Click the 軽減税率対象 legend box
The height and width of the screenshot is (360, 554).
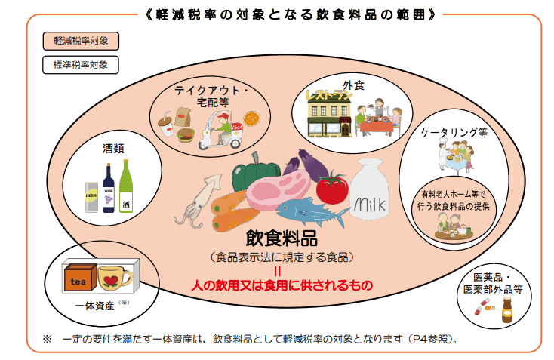81,41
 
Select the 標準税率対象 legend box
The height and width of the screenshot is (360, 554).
81,65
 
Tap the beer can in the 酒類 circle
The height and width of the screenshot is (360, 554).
91,197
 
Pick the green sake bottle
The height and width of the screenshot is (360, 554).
126,186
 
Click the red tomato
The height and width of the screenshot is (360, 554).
332,188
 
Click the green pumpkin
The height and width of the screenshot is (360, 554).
255,173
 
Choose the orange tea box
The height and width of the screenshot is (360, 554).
80,277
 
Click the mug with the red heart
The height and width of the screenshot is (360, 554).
114,278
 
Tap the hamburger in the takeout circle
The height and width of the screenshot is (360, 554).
186,135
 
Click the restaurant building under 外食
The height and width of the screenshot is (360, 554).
329,115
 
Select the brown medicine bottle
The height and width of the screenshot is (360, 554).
507,309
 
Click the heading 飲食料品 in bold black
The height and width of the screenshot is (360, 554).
282,238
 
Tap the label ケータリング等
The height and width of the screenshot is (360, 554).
454,133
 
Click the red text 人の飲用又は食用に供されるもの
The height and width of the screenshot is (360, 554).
282,285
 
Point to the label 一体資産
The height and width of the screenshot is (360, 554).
94,306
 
